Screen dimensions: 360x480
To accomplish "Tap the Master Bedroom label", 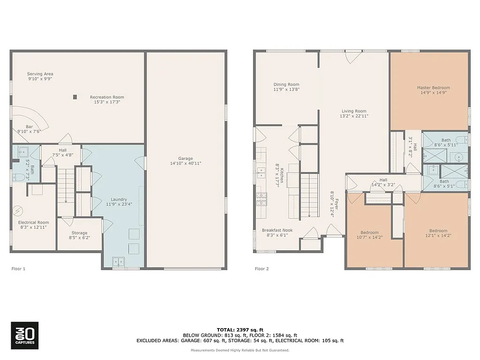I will pos(433,88).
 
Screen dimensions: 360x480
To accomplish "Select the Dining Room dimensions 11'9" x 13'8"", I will pos(286,90).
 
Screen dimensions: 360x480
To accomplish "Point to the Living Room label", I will pos(353,111).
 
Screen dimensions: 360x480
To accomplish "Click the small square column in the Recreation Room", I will pos(75,97).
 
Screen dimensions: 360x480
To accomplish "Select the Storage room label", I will pos(79,232).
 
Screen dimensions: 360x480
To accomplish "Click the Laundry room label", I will pos(119,199).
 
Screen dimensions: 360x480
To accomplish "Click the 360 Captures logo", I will pos(24,336).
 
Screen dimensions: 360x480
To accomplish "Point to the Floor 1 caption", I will pos(18,269).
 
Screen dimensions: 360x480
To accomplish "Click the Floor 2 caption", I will pos(262,269).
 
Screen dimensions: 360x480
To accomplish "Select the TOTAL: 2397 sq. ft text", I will pos(240,330).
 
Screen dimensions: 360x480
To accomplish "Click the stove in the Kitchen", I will pos(260,199).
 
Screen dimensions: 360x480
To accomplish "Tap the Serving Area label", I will pos(40,74).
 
